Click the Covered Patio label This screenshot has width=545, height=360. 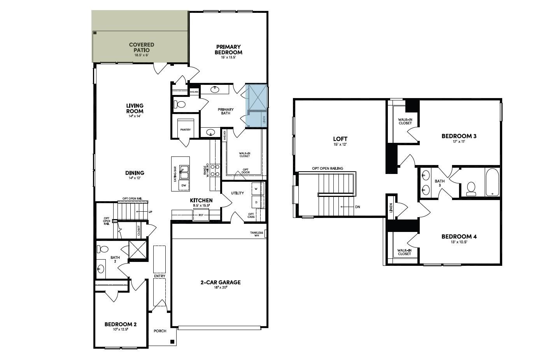(142, 47)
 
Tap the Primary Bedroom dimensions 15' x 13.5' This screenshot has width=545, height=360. (228, 57)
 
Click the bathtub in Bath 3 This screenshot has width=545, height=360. (492, 182)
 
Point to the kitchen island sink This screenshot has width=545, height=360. (184, 172)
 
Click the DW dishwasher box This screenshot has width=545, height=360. (184, 186)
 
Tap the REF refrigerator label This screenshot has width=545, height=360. (201, 215)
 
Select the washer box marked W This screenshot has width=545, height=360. (256, 189)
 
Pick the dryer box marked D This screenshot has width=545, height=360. (256, 202)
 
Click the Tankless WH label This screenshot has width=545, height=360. (256, 234)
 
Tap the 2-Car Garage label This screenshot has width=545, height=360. (220, 283)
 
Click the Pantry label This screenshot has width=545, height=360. (186, 130)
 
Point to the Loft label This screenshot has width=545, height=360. (340, 139)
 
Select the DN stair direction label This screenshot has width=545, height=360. (357, 207)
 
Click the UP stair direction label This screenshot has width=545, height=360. (150, 212)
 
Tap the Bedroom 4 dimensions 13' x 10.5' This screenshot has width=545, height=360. (459, 242)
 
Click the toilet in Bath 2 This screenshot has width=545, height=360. (103, 249)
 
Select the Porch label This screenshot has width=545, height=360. (160, 331)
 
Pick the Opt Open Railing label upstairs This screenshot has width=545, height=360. (328, 169)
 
